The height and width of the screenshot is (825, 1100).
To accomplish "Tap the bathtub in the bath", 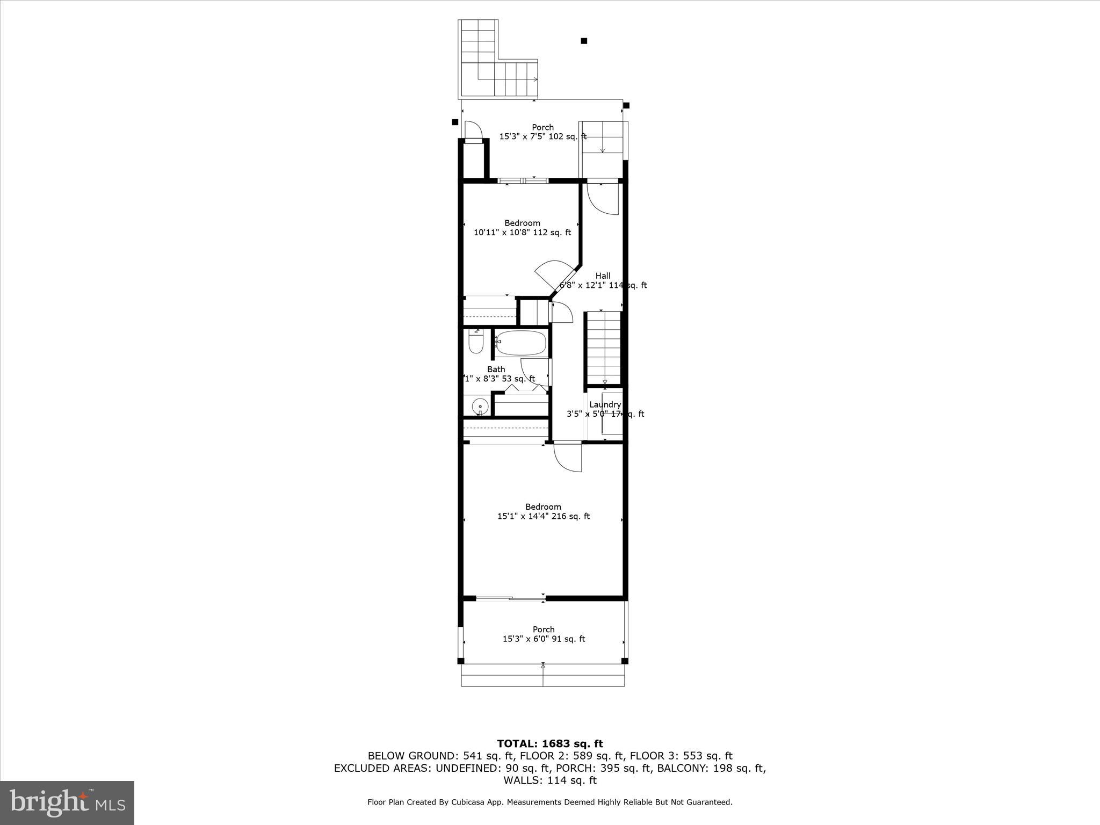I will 520,342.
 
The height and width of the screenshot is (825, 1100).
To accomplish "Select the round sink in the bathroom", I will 480,407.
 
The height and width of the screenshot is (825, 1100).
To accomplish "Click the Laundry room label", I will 605,405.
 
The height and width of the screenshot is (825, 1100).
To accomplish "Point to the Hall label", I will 603,276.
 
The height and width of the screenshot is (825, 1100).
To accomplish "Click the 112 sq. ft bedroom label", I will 522,228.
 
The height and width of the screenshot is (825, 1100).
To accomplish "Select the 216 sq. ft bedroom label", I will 543,511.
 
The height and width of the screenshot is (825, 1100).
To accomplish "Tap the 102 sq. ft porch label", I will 542,132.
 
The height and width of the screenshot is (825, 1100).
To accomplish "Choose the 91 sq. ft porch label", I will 543,634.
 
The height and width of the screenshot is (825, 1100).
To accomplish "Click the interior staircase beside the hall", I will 604,347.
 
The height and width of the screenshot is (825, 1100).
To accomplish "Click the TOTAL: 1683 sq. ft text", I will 549,743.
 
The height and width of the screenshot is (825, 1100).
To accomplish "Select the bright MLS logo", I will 67,803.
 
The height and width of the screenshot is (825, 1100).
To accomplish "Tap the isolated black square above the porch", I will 584,41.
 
